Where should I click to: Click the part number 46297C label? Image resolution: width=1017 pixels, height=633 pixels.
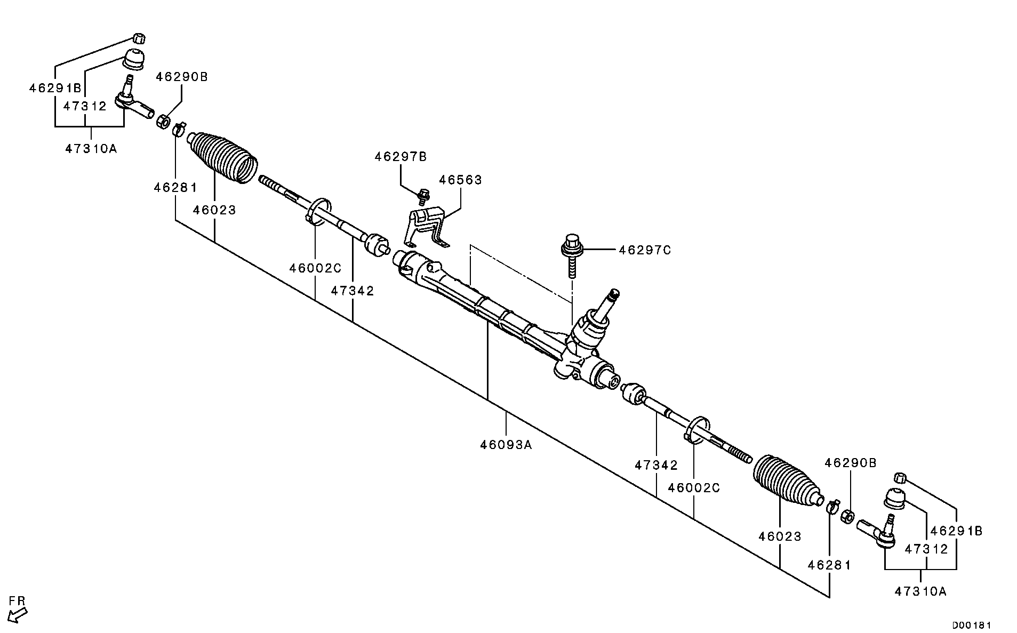[645, 250]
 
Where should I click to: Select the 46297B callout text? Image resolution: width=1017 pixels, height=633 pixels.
[401, 157]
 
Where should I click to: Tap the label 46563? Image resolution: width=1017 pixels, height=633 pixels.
[460, 180]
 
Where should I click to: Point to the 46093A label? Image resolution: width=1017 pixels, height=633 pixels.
[506, 444]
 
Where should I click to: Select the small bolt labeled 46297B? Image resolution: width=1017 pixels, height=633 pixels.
[423, 196]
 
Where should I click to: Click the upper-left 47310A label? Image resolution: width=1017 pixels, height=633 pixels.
[91, 149]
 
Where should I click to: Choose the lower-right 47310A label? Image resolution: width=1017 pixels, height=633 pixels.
[920, 591]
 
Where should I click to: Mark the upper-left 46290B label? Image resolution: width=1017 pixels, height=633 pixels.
[182, 77]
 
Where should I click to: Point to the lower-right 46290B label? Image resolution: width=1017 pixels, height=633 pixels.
[851, 463]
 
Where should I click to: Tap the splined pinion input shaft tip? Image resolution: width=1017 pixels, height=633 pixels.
[614, 293]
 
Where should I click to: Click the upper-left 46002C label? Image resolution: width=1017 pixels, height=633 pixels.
[315, 268]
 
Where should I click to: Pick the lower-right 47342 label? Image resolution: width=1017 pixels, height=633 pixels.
[656, 465]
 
